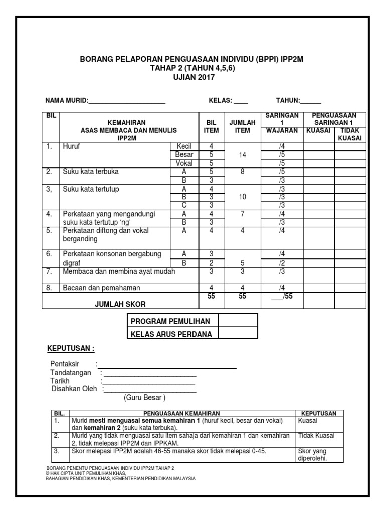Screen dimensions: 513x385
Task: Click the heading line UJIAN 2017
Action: (x=193, y=77)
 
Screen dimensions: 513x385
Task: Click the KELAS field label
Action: (x=220, y=100)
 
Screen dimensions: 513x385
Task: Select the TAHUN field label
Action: (x=288, y=100)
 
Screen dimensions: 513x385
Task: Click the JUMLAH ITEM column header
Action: (x=242, y=126)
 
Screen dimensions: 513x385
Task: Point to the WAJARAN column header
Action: (x=282, y=131)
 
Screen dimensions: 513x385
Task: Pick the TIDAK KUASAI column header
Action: (x=350, y=134)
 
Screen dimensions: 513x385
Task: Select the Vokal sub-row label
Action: (x=184, y=163)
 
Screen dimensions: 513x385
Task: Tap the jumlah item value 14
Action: (x=243, y=155)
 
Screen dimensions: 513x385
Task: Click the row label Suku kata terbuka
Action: (x=91, y=172)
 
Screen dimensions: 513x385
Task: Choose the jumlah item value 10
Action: (x=243, y=197)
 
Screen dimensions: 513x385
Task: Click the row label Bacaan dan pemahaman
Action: (x=101, y=288)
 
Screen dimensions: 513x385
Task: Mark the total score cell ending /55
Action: (x=282, y=297)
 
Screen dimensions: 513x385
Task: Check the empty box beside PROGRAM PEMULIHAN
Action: (x=238, y=321)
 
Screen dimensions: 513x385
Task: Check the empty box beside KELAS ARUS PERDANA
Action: (x=238, y=334)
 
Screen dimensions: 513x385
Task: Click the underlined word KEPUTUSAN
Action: (x=70, y=348)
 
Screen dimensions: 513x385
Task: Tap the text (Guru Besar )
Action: (x=144, y=398)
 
